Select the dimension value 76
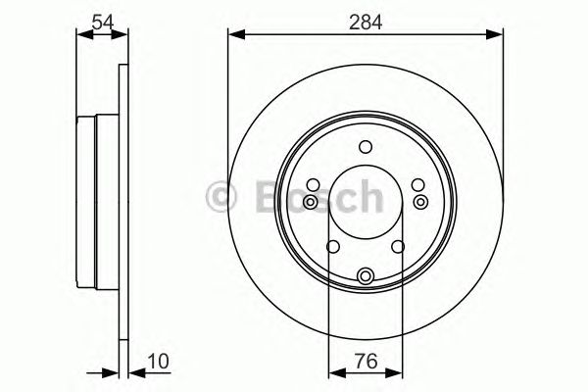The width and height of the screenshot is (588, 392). pos(366,362)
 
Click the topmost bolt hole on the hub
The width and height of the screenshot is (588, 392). pos(366,148)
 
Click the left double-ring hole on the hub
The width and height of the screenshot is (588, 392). pos(311,202)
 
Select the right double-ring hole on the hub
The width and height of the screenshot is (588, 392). pos(420,202)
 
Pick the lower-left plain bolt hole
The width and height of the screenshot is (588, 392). pos(332,248)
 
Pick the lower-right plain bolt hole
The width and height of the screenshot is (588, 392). pos(400,248)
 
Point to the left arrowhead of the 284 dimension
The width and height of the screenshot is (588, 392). pos(234,34)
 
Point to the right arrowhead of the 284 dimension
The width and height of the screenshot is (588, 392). pos(498,34)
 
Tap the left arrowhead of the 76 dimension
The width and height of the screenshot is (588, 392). pos(334,371)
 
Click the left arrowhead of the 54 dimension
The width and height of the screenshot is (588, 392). pos(81,34)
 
